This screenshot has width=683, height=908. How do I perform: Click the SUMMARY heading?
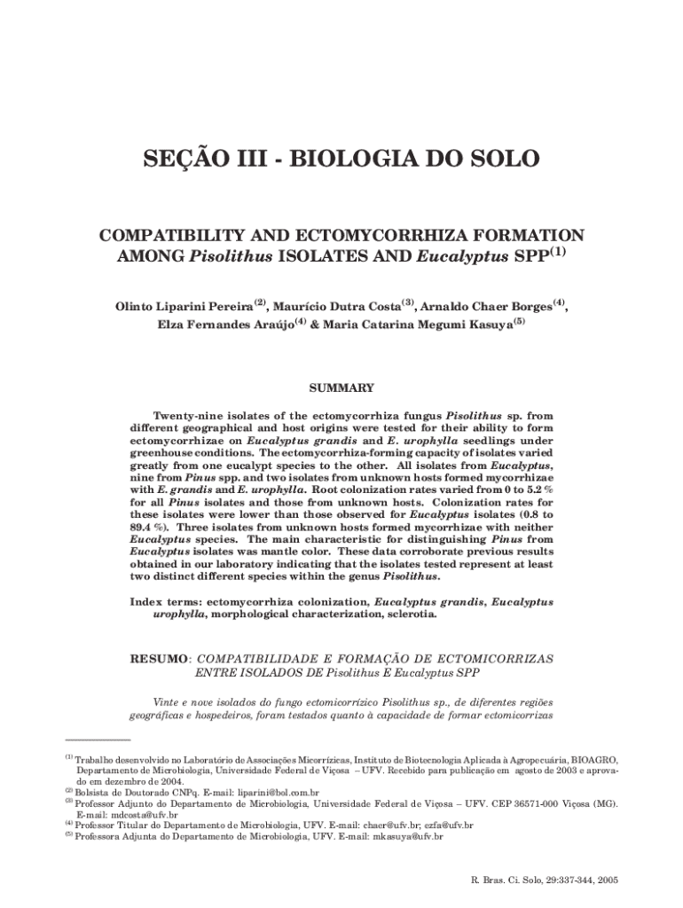[341, 388]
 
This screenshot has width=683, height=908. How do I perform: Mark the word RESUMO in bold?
[159, 660]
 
